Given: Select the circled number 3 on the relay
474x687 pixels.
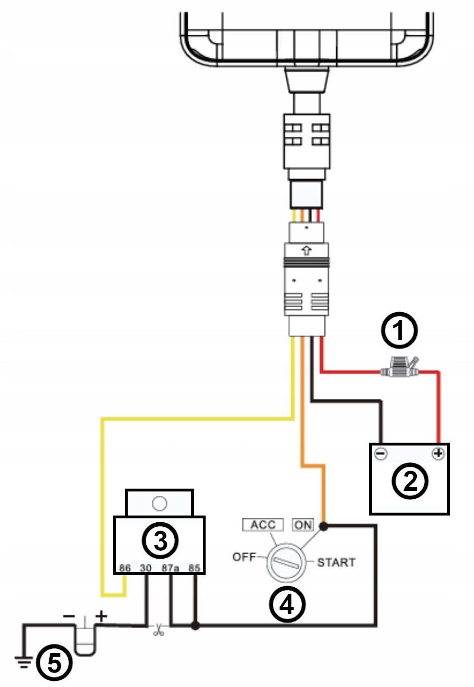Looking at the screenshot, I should pos(160,540).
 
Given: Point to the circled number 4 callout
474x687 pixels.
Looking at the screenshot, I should pos(286,604).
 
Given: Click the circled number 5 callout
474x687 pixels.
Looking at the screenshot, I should pos(54,663).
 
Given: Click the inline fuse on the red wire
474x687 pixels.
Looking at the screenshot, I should pos(399,370).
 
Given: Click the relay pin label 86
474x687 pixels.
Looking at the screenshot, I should pos(126,568).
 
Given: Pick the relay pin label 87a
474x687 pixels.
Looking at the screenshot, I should pos(170,568).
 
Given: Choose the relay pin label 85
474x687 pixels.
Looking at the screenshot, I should pos(194,568).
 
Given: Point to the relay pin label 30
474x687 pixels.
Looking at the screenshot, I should pos(146,568).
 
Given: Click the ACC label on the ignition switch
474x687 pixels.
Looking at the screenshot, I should pos(263,525).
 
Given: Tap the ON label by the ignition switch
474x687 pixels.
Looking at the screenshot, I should pos(303,525).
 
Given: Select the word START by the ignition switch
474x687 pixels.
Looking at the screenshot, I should pos(336,561).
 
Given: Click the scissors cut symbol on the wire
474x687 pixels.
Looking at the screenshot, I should pos(158,630).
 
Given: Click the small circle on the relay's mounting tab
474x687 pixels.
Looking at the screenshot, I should pos(159,502).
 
